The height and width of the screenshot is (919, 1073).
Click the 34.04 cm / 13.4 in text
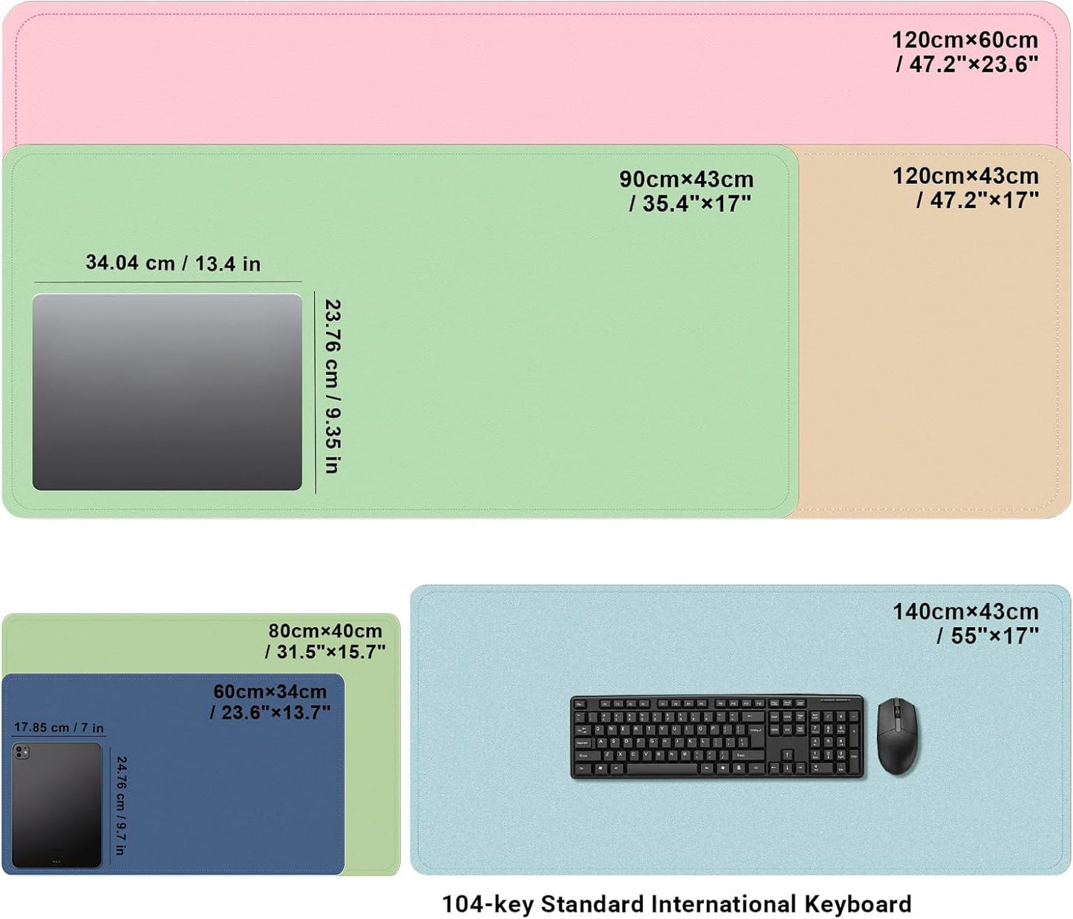(x=173, y=263)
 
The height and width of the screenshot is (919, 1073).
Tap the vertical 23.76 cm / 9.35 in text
(x=332, y=386)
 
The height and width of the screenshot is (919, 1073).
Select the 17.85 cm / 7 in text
(x=59, y=727)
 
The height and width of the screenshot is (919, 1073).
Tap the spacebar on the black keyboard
(x=662, y=768)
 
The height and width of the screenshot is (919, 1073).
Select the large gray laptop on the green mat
(x=167, y=392)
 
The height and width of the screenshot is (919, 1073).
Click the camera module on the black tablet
(x=22, y=752)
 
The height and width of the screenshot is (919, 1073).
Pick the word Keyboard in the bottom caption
(x=858, y=904)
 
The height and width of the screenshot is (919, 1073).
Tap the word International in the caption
(x=723, y=904)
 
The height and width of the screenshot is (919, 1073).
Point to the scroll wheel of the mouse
(x=896, y=709)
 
